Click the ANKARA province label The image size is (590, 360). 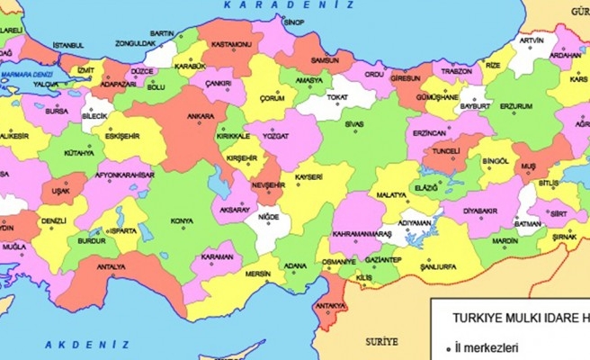(201, 116)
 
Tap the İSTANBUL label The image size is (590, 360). (73, 45)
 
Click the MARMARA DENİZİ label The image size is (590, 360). (26, 74)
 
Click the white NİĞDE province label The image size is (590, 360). (268, 218)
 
